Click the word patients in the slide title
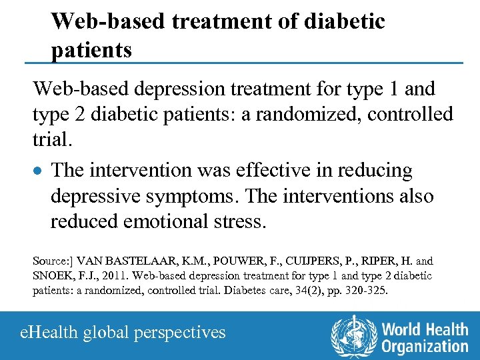(x=91, y=49)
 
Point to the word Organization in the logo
(x=425, y=346)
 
